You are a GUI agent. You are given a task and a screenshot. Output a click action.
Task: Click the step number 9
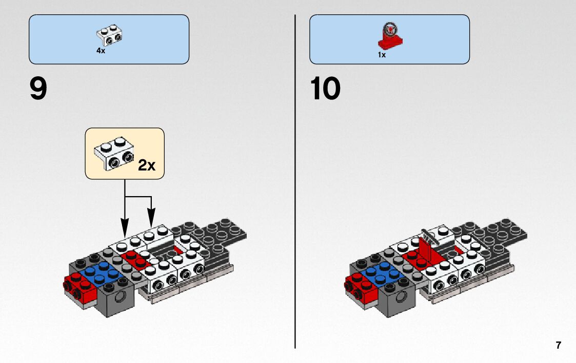38,89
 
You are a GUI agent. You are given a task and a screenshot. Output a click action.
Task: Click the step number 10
325,89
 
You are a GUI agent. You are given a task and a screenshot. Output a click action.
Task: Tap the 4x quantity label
101,51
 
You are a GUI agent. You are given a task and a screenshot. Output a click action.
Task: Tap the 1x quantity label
382,55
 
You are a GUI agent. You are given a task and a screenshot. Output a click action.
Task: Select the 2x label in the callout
146,165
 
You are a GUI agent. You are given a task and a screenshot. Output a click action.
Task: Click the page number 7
558,345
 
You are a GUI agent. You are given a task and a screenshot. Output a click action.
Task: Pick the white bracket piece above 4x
109,35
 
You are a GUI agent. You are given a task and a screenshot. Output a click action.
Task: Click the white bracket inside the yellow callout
114,152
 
